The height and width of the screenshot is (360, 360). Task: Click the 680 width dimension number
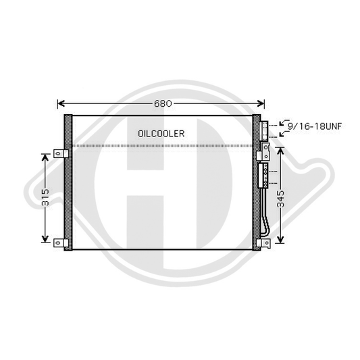click(x=163, y=103)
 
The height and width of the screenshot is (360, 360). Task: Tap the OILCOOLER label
click(x=161, y=134)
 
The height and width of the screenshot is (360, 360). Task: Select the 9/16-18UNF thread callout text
click(x=315, y=126)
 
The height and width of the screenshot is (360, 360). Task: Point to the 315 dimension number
click(x=46, y=197)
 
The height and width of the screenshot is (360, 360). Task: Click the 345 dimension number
click(x=280, y=199)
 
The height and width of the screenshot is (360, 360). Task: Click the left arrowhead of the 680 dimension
click(x=61, y=103)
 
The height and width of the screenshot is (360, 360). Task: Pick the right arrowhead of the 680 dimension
click(x=261, y=103)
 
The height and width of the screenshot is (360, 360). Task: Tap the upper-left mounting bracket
click(x=61, y=153)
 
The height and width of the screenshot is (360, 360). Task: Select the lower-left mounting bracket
click(x=61, y=243)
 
